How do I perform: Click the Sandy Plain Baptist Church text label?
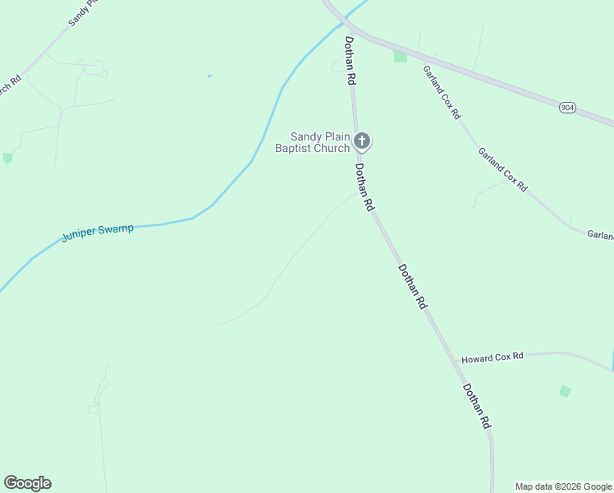click(321, 142)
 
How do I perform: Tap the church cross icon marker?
click(362, 142)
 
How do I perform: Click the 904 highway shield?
click(566, 108)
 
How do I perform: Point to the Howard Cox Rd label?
click(492, 357)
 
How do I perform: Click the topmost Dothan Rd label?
click(350, 61)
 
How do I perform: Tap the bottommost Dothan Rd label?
click(476, 406)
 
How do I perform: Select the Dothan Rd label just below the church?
click(364, 187)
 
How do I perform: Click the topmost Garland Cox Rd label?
click(442, 91)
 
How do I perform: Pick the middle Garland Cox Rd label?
click(502, 168)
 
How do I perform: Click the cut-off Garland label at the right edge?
click(600, 236)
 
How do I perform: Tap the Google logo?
click(28, 483)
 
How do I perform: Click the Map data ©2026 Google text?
click(564, 486)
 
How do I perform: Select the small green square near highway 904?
click(401, 57)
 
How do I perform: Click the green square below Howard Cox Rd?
click(565, 391)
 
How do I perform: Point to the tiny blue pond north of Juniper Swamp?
click(209, 76)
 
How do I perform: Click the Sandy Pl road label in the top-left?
click(84, 12)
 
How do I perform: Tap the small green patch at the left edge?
click(7, 158)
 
